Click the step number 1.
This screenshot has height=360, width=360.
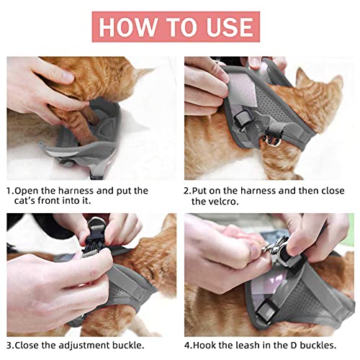tap(9, 191)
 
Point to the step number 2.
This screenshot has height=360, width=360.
tap(186, 191)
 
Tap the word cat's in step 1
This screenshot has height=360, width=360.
tap(30, 202)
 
